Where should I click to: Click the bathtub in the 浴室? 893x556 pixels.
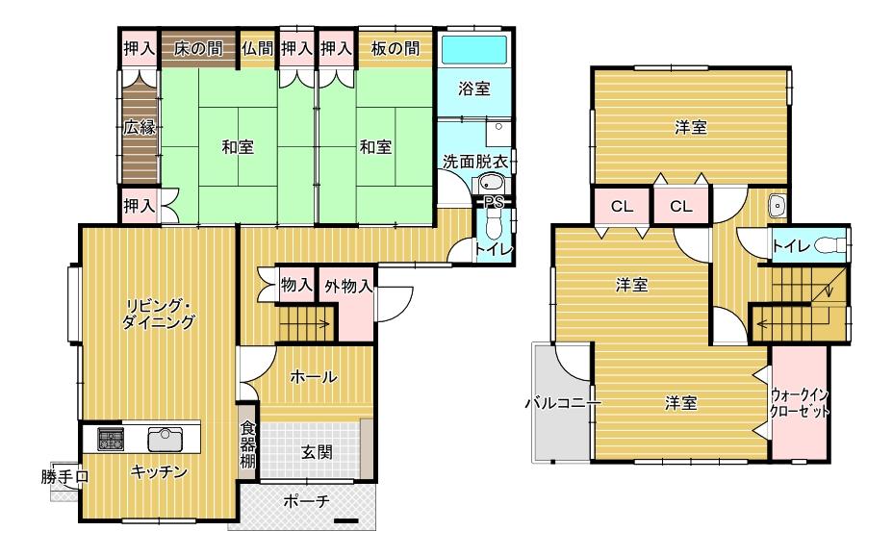coord(473,49)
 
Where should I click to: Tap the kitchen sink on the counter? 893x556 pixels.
coord(166,439)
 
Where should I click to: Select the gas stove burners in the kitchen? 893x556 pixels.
coord(111,439)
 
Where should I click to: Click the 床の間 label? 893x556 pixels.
coord(198,49)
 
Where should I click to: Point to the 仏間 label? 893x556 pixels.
coord(258,49)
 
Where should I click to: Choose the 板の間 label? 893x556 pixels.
coord(395,49)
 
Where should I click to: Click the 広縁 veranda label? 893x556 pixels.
coord(140,126)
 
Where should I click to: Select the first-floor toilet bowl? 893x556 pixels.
coord(494,226)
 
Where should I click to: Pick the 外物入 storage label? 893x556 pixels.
coord(348,286)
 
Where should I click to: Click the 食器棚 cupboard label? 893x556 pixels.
coord(247,443)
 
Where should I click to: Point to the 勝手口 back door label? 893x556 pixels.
coord(64,477)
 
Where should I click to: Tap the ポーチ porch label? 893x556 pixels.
coord(306,501)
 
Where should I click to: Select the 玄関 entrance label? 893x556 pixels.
coord(317,453)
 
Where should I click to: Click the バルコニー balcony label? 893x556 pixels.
coord(563,404)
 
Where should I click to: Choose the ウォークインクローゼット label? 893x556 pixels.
coord(800,403)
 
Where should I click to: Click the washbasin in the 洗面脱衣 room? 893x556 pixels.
coord(491,183)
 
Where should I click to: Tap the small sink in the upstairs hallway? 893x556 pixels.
coord(777,207)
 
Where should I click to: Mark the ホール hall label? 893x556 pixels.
coord(314,377)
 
